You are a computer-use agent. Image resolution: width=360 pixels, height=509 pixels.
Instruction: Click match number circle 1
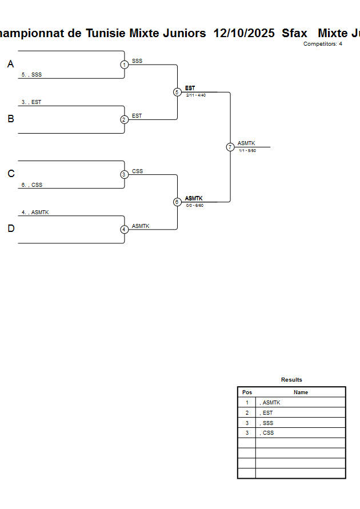click(125, 65)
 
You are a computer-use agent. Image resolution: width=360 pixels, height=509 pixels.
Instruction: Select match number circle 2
click(125, 119)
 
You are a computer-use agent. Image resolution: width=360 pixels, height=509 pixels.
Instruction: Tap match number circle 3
click(125, 174)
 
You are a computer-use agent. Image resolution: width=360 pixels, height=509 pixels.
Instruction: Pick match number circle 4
click(125, 229)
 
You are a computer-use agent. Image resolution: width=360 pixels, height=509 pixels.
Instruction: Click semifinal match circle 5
click(177, 92)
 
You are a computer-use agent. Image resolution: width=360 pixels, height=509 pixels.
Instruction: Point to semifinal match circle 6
click(177, 202)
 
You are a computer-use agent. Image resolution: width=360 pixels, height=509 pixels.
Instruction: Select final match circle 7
click(230, 147)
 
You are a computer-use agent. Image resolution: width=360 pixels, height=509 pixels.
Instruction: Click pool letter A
click(10, 65)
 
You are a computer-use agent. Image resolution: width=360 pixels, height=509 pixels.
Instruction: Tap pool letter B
click(10, 119)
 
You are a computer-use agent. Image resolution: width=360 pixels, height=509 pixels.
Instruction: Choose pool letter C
click(10, 174)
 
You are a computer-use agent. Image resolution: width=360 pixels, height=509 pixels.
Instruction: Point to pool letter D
click(10, 229)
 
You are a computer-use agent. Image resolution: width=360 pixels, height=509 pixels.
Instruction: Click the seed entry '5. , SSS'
click(31, 75)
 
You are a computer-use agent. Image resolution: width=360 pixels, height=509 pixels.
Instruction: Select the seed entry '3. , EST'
click(31, 102)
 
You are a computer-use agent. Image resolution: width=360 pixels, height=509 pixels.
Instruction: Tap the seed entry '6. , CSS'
click(32, 185)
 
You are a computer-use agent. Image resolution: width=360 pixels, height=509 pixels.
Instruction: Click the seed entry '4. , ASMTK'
click(35, 213)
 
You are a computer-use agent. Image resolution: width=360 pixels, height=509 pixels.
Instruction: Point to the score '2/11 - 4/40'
click(196, 95)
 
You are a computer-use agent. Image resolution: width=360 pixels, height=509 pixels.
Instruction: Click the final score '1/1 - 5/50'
click(247, 151)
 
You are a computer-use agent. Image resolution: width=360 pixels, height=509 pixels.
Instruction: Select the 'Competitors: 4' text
click(323, 44)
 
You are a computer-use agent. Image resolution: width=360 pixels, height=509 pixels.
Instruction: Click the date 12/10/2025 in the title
click(244, 33)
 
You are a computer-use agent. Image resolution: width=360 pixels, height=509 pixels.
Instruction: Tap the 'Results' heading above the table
click(291, 380)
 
